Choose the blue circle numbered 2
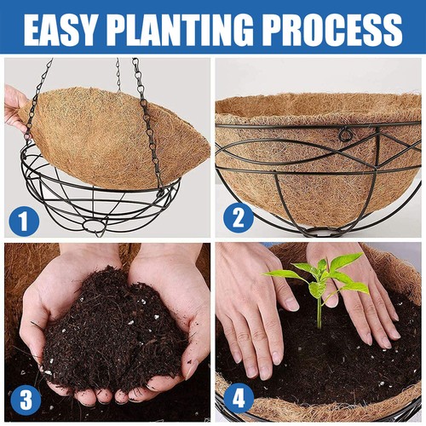click(x=239, y=220)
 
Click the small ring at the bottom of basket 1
click(x=101, y=227)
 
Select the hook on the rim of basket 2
click(x=344, y=135)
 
